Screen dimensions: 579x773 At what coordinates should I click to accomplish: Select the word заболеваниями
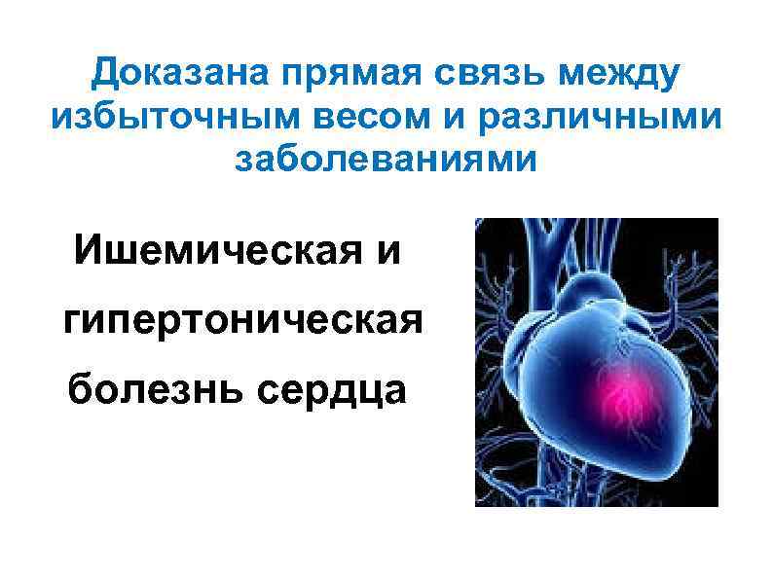386,158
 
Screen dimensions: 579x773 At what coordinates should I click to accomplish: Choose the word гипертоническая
242,320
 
